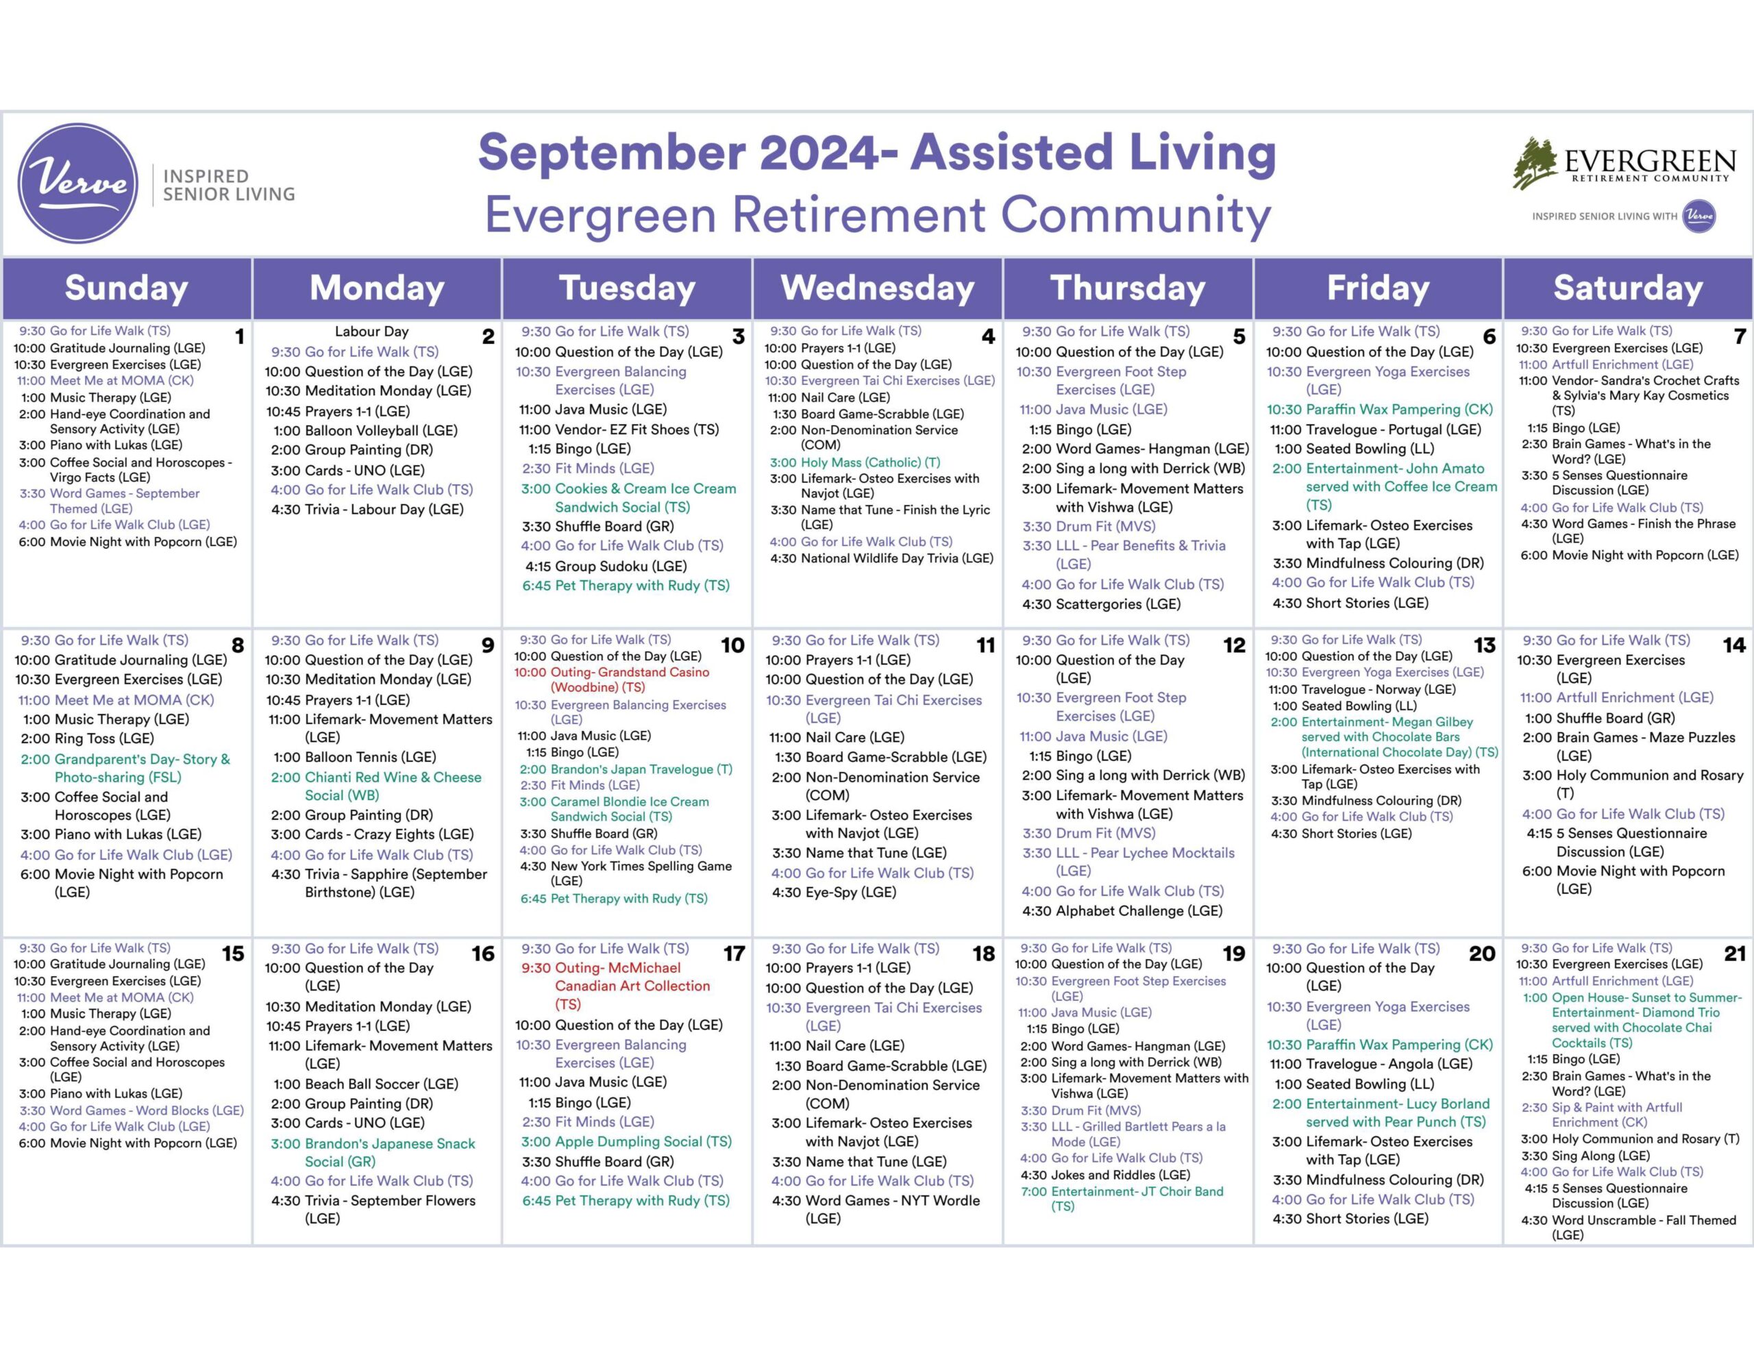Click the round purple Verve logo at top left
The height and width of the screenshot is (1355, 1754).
78,183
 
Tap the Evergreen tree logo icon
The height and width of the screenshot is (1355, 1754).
1535,163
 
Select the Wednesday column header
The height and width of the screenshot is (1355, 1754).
877,288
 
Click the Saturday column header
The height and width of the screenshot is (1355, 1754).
1628,288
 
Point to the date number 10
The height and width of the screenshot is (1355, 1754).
732,645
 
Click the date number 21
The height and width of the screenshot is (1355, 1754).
1735,954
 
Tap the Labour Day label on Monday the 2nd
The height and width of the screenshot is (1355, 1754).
372,331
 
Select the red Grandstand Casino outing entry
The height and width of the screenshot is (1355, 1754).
612,680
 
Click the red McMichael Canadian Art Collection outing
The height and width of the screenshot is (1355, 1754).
616,986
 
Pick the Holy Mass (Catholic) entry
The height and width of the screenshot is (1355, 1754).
854,462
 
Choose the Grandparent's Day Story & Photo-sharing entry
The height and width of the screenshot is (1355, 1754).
125,768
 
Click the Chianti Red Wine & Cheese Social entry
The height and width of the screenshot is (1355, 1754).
376,786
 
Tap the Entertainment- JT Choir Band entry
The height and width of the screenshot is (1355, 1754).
1122,1198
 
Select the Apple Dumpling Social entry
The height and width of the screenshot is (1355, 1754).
626,1141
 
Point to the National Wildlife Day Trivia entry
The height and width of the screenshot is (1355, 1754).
882,558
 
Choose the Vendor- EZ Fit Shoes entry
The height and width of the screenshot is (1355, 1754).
619,429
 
